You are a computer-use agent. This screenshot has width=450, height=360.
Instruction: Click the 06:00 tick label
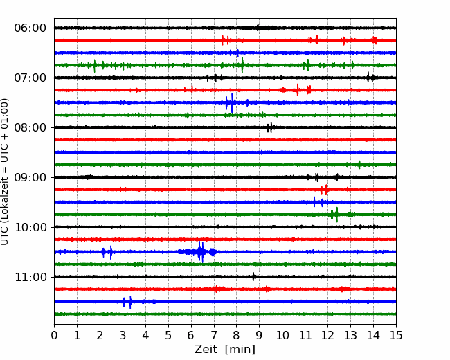[30, 28]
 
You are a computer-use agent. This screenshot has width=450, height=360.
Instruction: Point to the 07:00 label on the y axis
[30, 78]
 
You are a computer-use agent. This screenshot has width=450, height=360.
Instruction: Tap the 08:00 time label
[30, 128]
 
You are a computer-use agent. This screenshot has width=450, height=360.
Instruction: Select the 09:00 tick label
[30, 177]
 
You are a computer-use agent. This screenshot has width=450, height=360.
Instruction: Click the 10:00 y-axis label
[30, 227]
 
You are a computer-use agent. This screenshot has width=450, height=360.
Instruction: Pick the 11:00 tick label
[30, 278]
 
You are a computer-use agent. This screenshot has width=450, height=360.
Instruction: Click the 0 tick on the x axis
[54, 335]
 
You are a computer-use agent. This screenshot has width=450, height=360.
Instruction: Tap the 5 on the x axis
[168, 335]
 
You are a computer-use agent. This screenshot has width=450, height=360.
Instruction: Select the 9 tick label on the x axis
[260, 335]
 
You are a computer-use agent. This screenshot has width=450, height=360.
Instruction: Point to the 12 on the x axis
[327, 335]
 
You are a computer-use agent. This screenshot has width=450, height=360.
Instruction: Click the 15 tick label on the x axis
[396, 335]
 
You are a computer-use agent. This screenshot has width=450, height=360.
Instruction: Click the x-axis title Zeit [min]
[225, 350]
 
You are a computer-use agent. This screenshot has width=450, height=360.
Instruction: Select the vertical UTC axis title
[5, 172]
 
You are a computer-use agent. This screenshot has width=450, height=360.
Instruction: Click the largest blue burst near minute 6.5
[201, 252]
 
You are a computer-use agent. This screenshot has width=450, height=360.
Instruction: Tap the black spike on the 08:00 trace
[270, 127]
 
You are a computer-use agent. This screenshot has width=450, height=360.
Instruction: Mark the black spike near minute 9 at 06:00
[258, 28]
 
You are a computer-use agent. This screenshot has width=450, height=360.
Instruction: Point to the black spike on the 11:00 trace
[253, 277]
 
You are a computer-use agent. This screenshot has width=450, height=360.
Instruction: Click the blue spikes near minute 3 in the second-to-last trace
[127, 302]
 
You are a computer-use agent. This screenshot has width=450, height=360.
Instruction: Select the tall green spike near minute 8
[242, 65]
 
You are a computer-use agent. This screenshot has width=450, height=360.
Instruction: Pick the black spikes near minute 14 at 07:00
[370, 78]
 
